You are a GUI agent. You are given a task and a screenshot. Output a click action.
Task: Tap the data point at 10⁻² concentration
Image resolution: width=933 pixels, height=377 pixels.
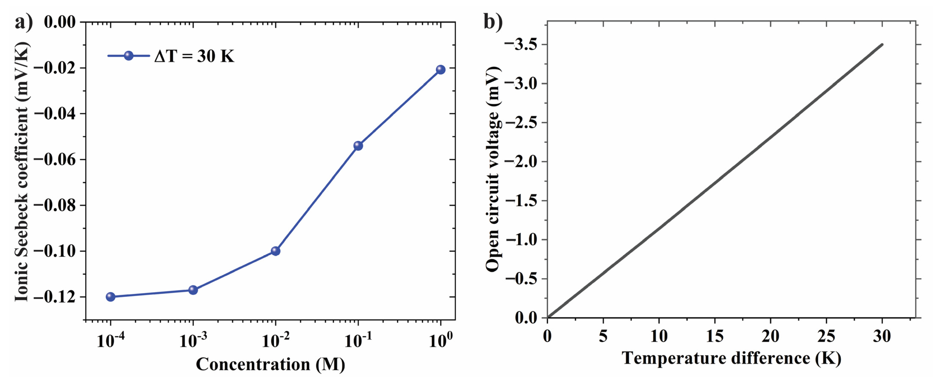[x=276, y=251]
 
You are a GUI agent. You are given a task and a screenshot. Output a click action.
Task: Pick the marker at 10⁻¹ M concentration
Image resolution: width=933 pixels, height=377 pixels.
[x=358, y=146]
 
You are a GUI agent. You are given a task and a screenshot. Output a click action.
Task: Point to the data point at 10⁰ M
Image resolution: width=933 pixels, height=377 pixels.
[x=441, y=70]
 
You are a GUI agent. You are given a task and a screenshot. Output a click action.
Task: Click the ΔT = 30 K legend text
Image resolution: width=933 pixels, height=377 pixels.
[x=194, y=56]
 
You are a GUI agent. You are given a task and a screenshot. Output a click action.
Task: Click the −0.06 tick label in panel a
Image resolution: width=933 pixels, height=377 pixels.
[x=55, y=159]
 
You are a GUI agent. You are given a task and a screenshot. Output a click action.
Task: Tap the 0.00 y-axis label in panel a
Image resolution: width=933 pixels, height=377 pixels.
[x=60, y=22]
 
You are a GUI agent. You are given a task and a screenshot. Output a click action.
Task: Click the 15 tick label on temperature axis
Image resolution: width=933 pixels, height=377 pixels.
[x=715, y=336]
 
